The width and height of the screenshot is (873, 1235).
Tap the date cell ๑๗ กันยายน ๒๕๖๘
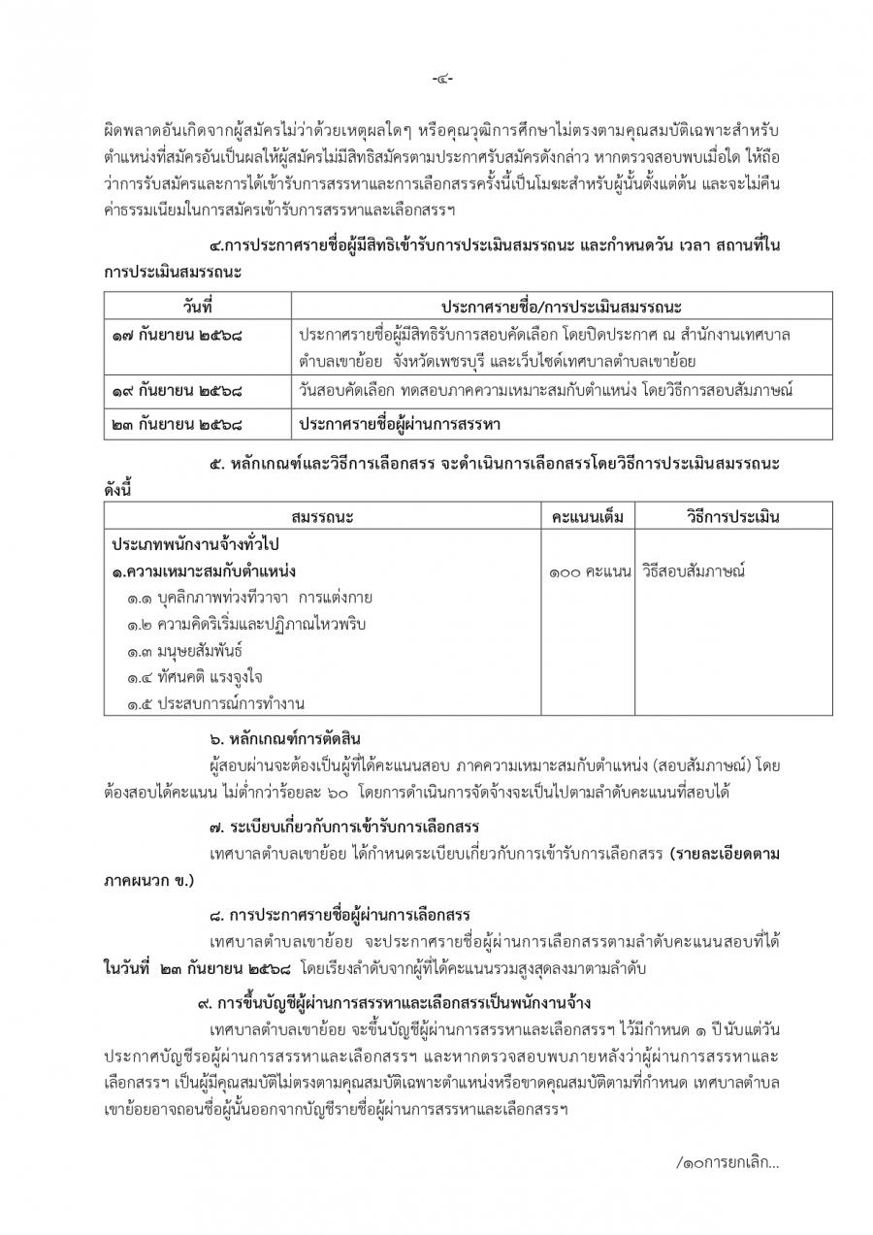click(176, 336)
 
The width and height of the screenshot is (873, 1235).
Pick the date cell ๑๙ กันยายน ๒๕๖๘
click(176, 393)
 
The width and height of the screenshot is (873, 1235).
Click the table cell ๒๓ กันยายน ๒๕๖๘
click(176, 423)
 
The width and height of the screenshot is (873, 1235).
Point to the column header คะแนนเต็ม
click(587, 516)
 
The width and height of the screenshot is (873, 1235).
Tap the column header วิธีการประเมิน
click(709, 516)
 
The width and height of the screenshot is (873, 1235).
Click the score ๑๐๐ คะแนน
click(588, 571)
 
